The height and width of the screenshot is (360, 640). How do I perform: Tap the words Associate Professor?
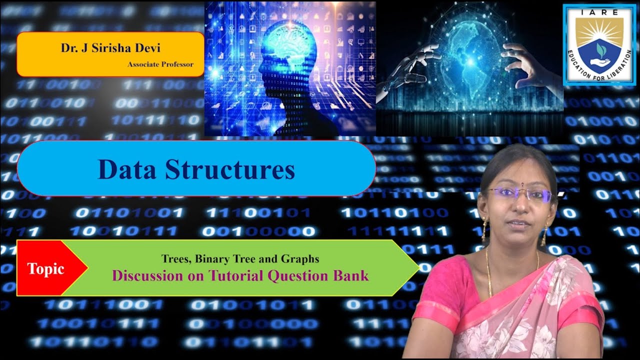(160, 64)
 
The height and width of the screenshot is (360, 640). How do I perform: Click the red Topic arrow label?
(46, 268)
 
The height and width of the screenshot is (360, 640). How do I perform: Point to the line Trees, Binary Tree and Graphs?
(240, 259)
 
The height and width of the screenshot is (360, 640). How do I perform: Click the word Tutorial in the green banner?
(235, 275)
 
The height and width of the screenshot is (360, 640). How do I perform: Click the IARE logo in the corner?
(598, 45)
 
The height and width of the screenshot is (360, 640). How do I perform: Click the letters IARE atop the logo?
(599, 12)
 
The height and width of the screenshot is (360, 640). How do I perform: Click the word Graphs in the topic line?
(303, 259)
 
